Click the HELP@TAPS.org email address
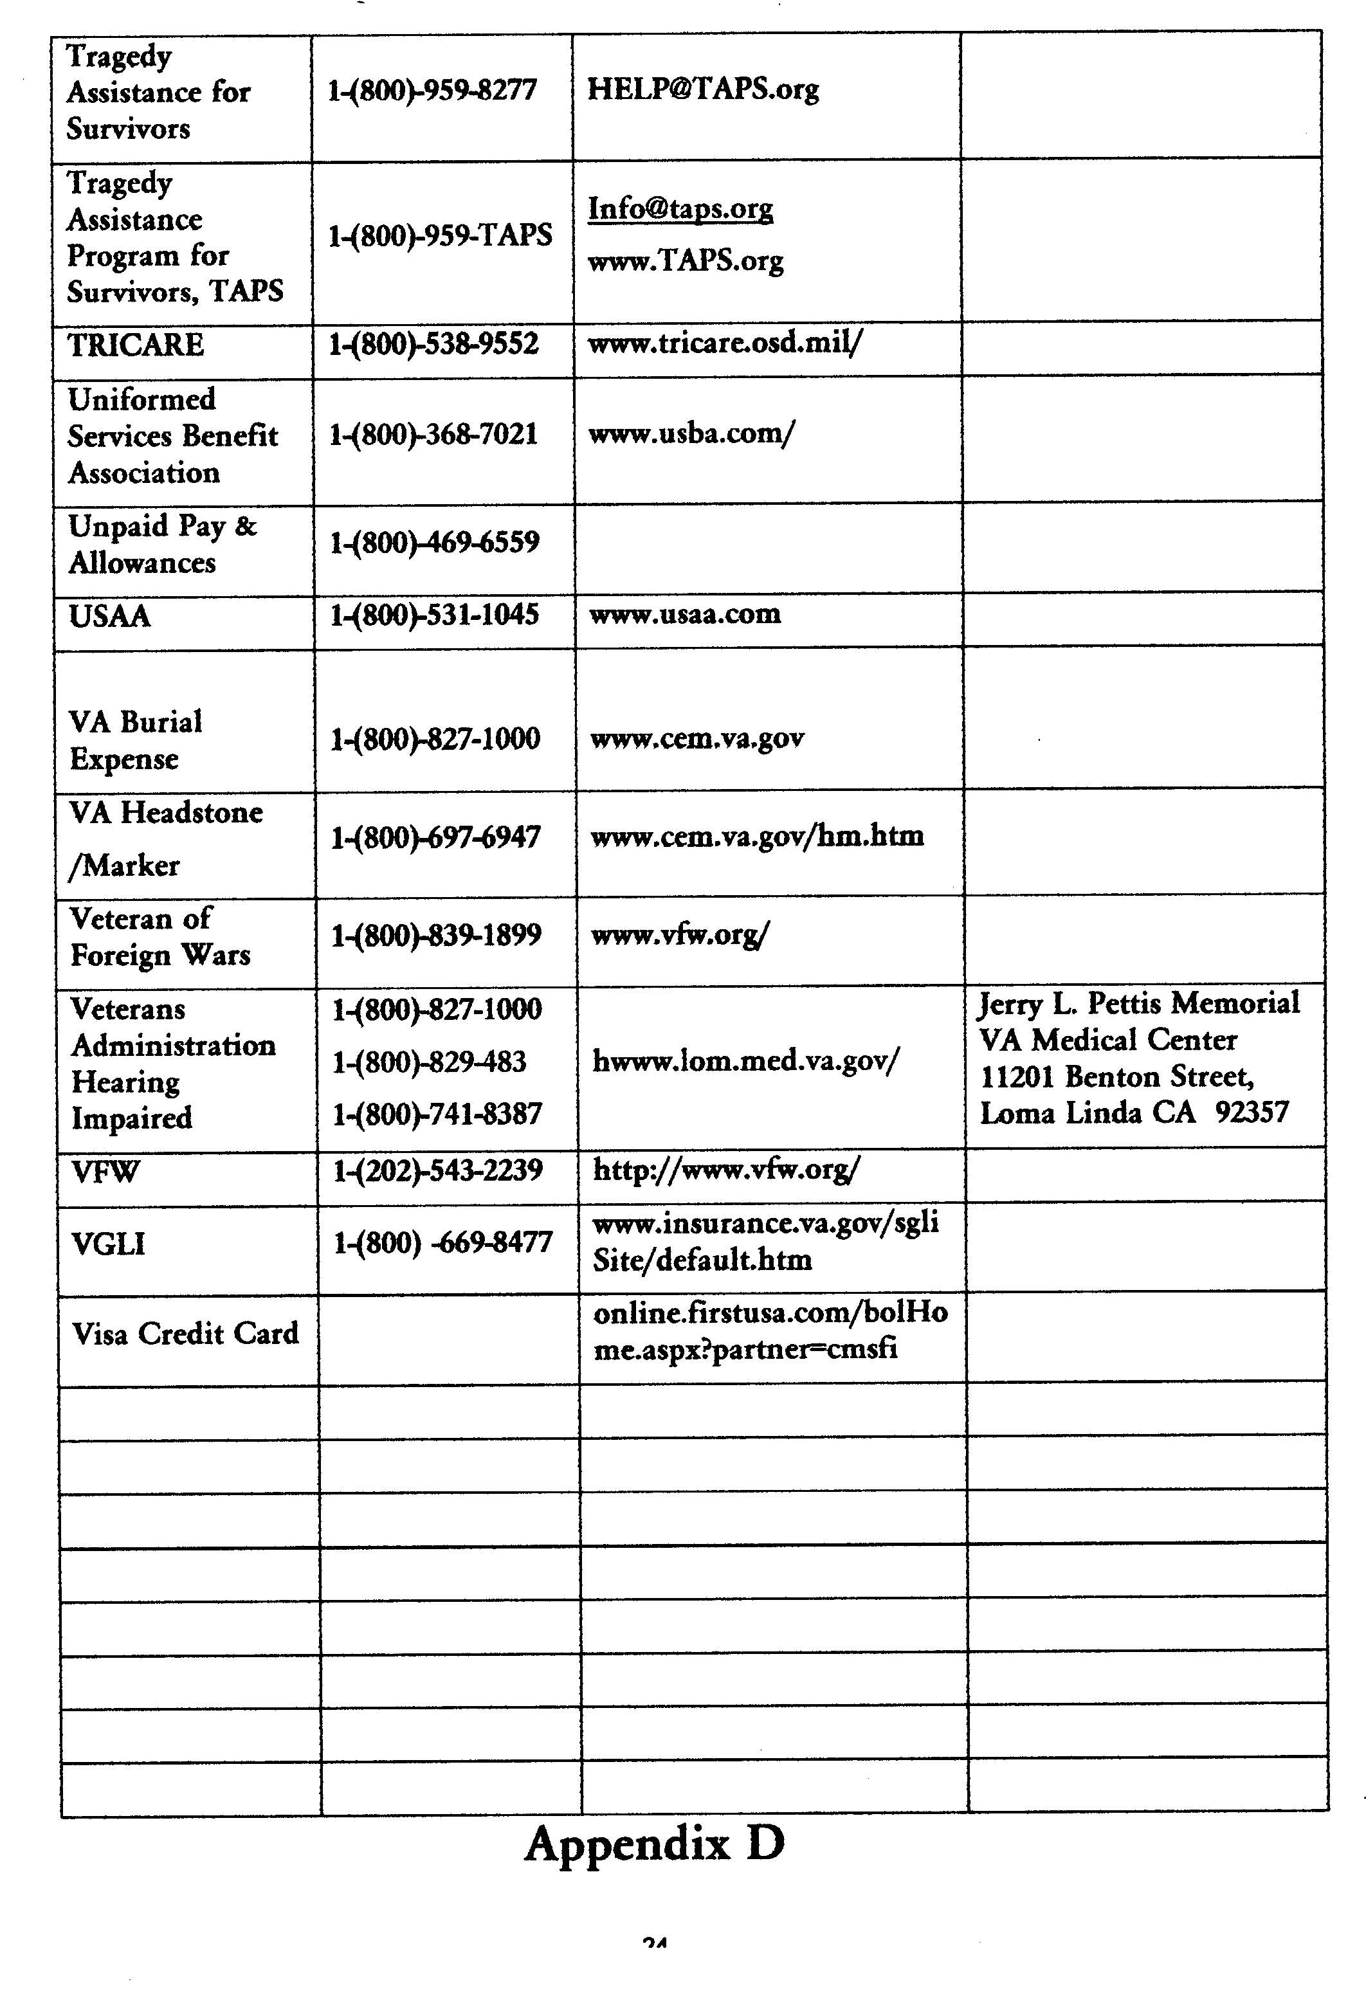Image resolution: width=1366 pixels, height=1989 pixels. tap(703, 89)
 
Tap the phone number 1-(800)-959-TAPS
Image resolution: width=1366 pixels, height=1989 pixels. tap(440, 235)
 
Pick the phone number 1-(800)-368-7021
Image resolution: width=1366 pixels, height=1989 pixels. tap(433, 434)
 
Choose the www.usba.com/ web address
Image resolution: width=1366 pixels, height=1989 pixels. tap(691, 433)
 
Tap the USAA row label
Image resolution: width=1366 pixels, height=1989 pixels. tap(109, 616)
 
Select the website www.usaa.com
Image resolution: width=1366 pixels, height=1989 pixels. tap(685, 613)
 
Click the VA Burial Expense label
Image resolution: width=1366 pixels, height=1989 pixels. tap(135, 740)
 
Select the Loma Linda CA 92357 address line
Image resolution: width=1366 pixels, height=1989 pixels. tap(1134, 1113)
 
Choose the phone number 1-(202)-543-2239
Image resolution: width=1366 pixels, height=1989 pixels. tap(437, 1170)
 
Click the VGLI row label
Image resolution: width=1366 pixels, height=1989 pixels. tap(109, 1244)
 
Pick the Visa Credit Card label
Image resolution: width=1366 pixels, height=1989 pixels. tap(185, 1334)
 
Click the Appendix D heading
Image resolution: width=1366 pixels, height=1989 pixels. tap(655, 1844)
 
